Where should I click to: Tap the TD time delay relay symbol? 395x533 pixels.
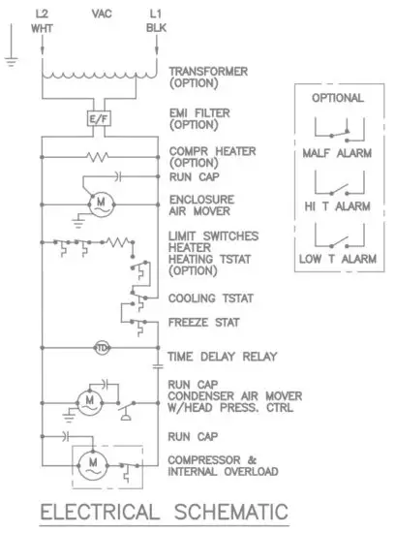101,347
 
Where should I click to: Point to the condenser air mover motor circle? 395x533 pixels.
90,398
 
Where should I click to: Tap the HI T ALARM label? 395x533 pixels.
338,205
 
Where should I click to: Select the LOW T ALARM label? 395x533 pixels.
338,259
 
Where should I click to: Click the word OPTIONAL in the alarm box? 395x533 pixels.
338,98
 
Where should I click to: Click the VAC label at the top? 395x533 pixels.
101,14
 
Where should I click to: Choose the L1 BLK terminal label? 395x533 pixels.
156,20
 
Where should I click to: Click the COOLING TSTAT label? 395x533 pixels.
208,298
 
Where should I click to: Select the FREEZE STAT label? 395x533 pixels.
203,322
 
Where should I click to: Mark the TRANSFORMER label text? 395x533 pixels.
209,71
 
